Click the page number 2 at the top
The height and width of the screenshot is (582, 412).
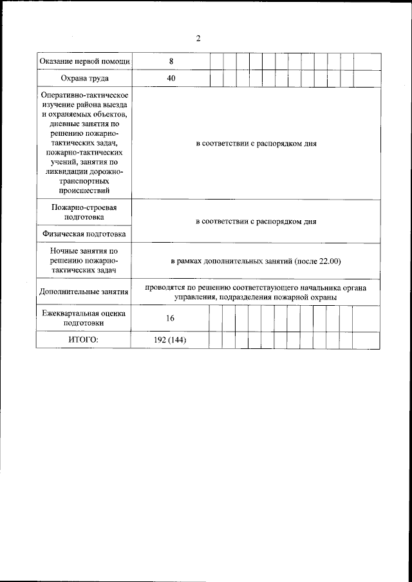pos(198,39)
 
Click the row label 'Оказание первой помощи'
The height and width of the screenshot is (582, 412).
pos(84,62)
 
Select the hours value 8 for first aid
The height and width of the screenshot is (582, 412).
pos(171,62)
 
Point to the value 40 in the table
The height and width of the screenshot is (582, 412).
pos(171,79)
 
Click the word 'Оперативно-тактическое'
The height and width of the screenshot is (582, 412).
pos(84,95)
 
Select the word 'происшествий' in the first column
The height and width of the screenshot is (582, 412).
pos(84,191)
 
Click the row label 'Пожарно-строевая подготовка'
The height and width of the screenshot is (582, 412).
pos(84,212)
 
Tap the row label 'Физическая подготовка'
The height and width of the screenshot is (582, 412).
pos(84,234)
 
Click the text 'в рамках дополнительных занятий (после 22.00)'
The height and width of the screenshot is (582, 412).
pos(256,261)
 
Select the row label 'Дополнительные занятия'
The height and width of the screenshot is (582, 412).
pos(84,292)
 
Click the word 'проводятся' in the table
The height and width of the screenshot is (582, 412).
pos(165,287)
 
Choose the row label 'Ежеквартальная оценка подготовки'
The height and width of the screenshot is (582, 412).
pos(84,318)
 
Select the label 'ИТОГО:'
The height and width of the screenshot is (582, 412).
pos(84,340)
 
